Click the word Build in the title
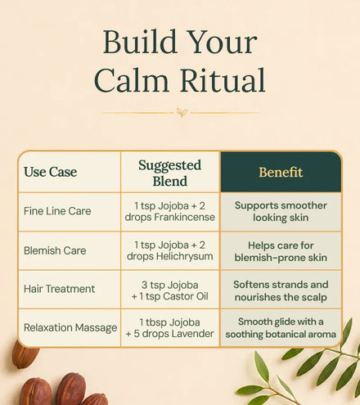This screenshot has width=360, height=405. click(140, 42)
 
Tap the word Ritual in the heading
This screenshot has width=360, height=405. click(223, 80)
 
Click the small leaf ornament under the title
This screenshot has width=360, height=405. click(182, 112)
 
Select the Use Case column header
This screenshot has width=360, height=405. click(51, 172)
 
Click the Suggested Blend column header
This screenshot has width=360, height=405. click(170, 173)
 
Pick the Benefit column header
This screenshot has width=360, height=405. click(281, 172)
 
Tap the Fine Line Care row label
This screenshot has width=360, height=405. click(57, 211)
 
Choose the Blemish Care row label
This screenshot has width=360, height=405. click(55, 250)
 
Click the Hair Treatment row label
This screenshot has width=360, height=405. click(59, 289)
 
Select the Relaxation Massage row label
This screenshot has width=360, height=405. click(70, 327)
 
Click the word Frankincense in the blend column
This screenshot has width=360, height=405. click(184, 218)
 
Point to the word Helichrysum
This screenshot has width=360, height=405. click(183, 256)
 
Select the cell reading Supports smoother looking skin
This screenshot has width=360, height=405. click(281, 212)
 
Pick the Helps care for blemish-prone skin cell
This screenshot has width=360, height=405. click(281, 251)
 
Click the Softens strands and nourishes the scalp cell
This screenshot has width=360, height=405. click(281, 290)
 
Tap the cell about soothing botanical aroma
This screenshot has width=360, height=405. click(281, 328)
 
